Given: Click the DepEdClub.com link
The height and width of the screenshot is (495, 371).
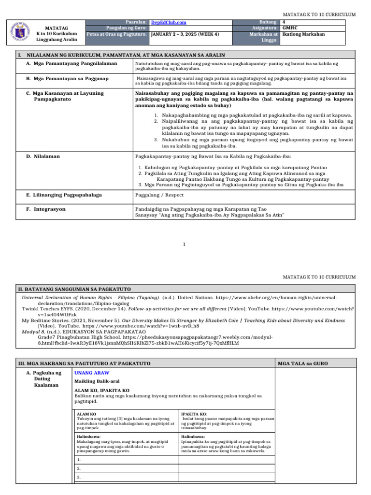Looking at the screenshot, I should click(169, 22).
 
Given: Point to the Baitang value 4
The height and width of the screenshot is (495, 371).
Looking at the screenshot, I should click(284, 22).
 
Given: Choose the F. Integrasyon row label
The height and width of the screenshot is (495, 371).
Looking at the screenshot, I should click(46, 209).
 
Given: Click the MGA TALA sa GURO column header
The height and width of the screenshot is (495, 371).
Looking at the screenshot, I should click(295, 363).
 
